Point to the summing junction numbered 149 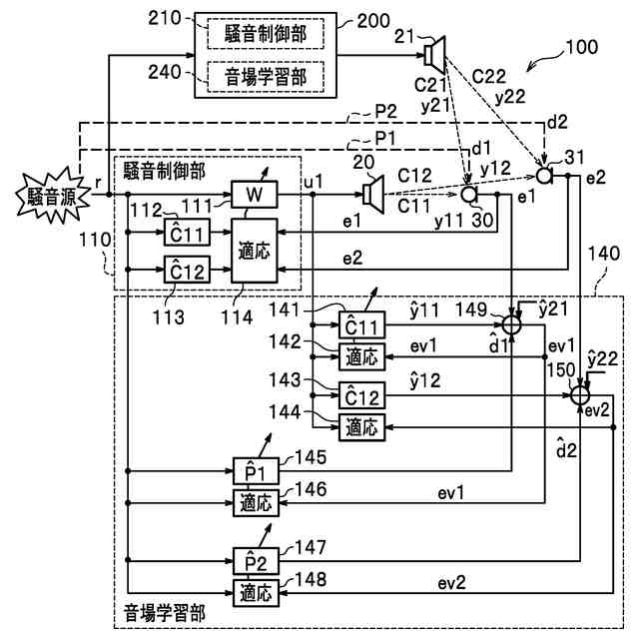coord(511,324)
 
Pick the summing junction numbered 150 coord(580,396)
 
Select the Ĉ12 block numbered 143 coord(360,396)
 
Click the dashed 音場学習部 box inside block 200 coord(267,73)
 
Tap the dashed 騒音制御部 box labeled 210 coord(267,33)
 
